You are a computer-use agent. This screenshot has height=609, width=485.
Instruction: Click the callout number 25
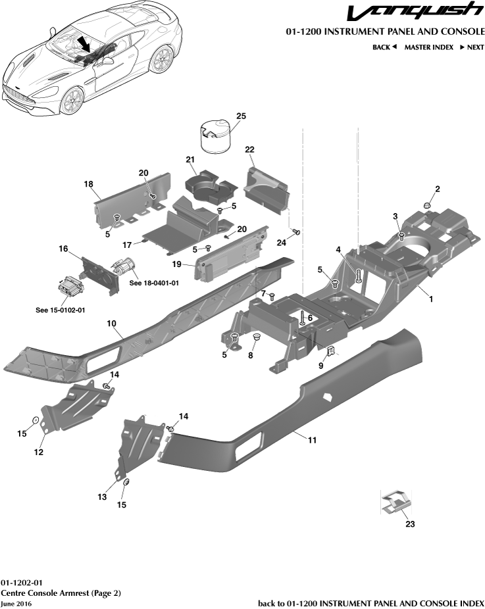pyautogui.click(x=241, y=116)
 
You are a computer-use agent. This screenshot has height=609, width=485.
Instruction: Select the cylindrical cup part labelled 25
pyautogui.click(x=215, y=136)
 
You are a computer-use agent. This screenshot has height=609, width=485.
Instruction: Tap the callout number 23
pyautogui.click(x=410, y=524)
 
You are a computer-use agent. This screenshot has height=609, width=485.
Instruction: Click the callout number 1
pyautogui.click(x=431, y=299)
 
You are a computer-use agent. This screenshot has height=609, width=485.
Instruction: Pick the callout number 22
pyautogui.click(x=249, y=150)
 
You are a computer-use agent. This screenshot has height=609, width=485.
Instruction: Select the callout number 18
pyautogui.click(x=88, y=184)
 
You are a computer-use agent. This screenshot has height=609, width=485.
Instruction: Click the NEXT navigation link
pyautogui.click(x=471, y=47)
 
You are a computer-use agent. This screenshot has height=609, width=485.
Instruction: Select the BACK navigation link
pyautogui.click(x=384, y=47)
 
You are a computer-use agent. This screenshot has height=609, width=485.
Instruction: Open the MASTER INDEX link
pyautogui.click(x=428, y=47)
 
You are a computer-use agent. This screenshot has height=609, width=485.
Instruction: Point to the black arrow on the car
pyautogui.click(x=85, y=45)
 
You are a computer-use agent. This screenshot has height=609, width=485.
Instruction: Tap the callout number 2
pyautogui.click(x=437, y=189)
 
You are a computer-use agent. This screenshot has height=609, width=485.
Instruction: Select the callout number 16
pyautogui.click(x=63, y=249)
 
